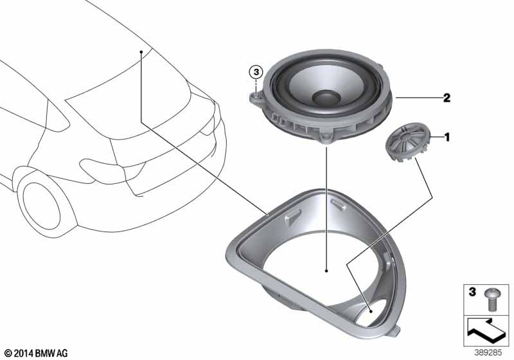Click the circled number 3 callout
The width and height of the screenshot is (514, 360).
(x=256, y=72)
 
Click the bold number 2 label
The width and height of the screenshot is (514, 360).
(x=446, y=98)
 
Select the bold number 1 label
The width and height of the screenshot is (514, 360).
(x=447, y=137)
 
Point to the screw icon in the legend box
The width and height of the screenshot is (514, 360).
(x=491, y=300)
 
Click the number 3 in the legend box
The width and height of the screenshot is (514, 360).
(x=472, y=292)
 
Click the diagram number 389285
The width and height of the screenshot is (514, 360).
(x=488, y=353)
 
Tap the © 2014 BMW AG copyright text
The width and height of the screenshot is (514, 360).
(x=37, y=353)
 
